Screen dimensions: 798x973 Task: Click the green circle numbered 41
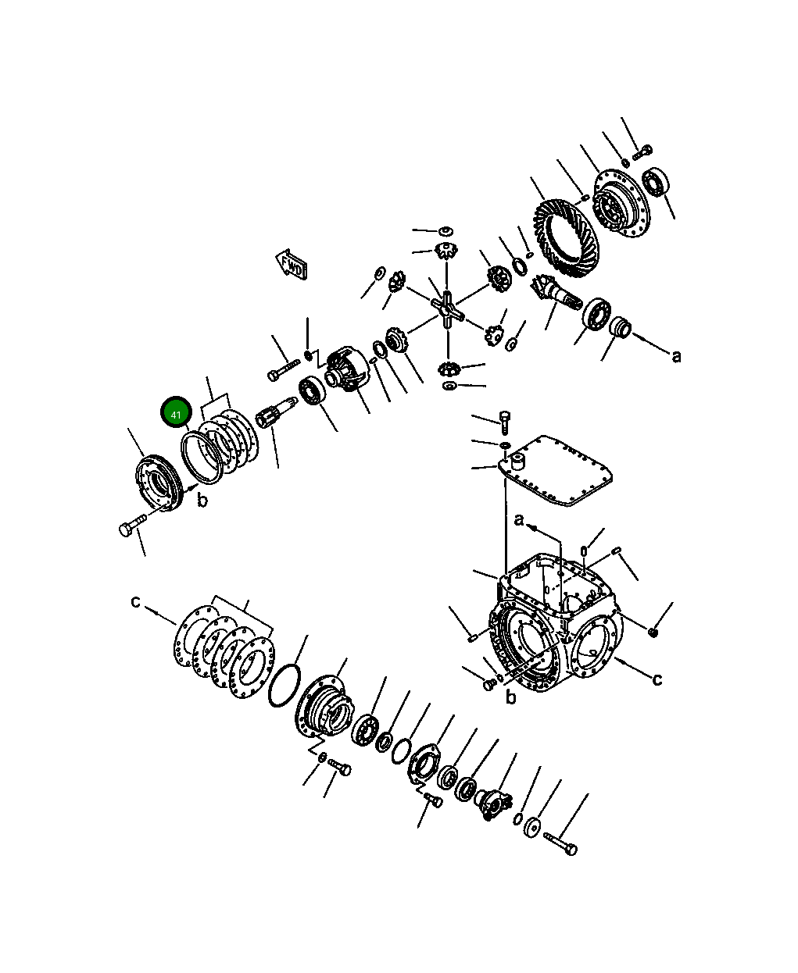176,412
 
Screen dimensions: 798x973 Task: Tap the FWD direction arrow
292,265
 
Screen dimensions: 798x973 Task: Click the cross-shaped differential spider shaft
448,310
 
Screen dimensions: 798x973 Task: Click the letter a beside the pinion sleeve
676,357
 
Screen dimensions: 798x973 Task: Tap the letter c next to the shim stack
135,601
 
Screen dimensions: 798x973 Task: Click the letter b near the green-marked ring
202,500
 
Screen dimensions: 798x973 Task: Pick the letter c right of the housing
657,679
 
